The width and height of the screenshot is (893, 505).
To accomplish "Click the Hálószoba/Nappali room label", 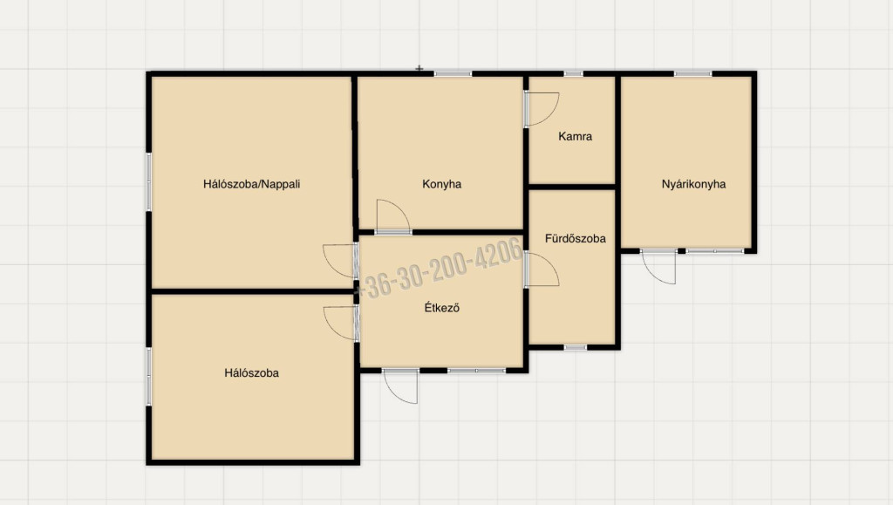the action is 251,184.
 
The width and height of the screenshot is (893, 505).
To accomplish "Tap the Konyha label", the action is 441,184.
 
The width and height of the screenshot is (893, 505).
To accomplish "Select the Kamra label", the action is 575,137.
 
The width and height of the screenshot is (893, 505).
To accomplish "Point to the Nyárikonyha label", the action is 693,184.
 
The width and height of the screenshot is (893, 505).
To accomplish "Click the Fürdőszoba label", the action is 575,239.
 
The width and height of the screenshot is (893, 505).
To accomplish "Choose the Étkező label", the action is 441,308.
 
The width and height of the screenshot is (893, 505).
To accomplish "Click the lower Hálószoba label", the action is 251,373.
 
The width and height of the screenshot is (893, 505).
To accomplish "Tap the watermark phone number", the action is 440,268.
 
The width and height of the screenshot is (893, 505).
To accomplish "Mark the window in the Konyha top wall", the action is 453,73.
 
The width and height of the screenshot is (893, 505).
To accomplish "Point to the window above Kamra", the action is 574,73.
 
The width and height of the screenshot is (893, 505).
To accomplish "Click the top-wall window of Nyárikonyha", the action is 692,73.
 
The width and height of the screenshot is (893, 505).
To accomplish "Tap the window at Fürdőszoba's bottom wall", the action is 576,347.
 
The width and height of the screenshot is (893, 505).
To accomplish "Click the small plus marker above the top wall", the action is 419,68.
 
